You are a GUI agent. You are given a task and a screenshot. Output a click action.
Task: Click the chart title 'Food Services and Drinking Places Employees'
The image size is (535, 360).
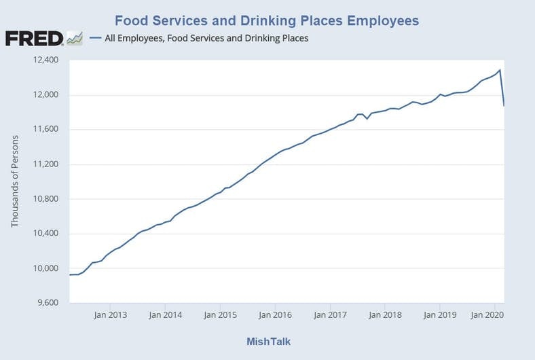(x=267, y=20)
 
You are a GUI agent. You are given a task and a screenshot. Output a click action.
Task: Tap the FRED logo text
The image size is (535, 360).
(x=34, y=38)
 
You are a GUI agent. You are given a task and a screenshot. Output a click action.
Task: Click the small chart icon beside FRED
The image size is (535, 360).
(x=75, y=38)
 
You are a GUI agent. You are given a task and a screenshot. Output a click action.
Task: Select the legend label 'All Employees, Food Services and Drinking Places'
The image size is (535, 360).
(x=206, y=38)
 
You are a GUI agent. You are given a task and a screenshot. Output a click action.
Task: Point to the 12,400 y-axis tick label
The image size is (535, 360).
(x=45, y=60)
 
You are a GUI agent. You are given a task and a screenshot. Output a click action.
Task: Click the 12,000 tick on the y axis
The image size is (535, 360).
(x=45, y=95)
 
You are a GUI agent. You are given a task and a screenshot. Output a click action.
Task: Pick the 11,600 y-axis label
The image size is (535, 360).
(x=45, y=130)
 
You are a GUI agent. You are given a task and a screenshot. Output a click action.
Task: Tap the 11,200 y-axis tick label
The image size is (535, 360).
(x=45, y=164)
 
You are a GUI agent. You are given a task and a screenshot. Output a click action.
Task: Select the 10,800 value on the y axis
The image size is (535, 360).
(x=45, y=199)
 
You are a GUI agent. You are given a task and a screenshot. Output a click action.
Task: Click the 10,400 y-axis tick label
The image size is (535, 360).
(x=45, y=234)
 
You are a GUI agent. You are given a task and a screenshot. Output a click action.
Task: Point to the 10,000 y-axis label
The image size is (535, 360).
(x=45, y=268)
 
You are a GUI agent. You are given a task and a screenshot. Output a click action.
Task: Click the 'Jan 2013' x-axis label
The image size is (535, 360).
(x=109, y=315)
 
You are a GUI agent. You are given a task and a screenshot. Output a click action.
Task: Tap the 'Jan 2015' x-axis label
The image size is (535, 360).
(x=219, y=315)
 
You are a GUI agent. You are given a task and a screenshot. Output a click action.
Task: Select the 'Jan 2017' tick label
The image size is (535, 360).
(x=329, y=315)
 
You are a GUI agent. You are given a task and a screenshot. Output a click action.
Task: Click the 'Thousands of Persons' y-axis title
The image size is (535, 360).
(x=15, y=181)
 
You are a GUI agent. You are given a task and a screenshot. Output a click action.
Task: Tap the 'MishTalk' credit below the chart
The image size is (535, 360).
(x=267, y=341)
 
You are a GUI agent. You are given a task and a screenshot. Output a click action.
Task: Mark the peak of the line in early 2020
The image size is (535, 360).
(x=500, y=70)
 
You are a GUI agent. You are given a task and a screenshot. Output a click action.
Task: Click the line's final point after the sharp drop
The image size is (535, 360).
(x=504, y=106)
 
